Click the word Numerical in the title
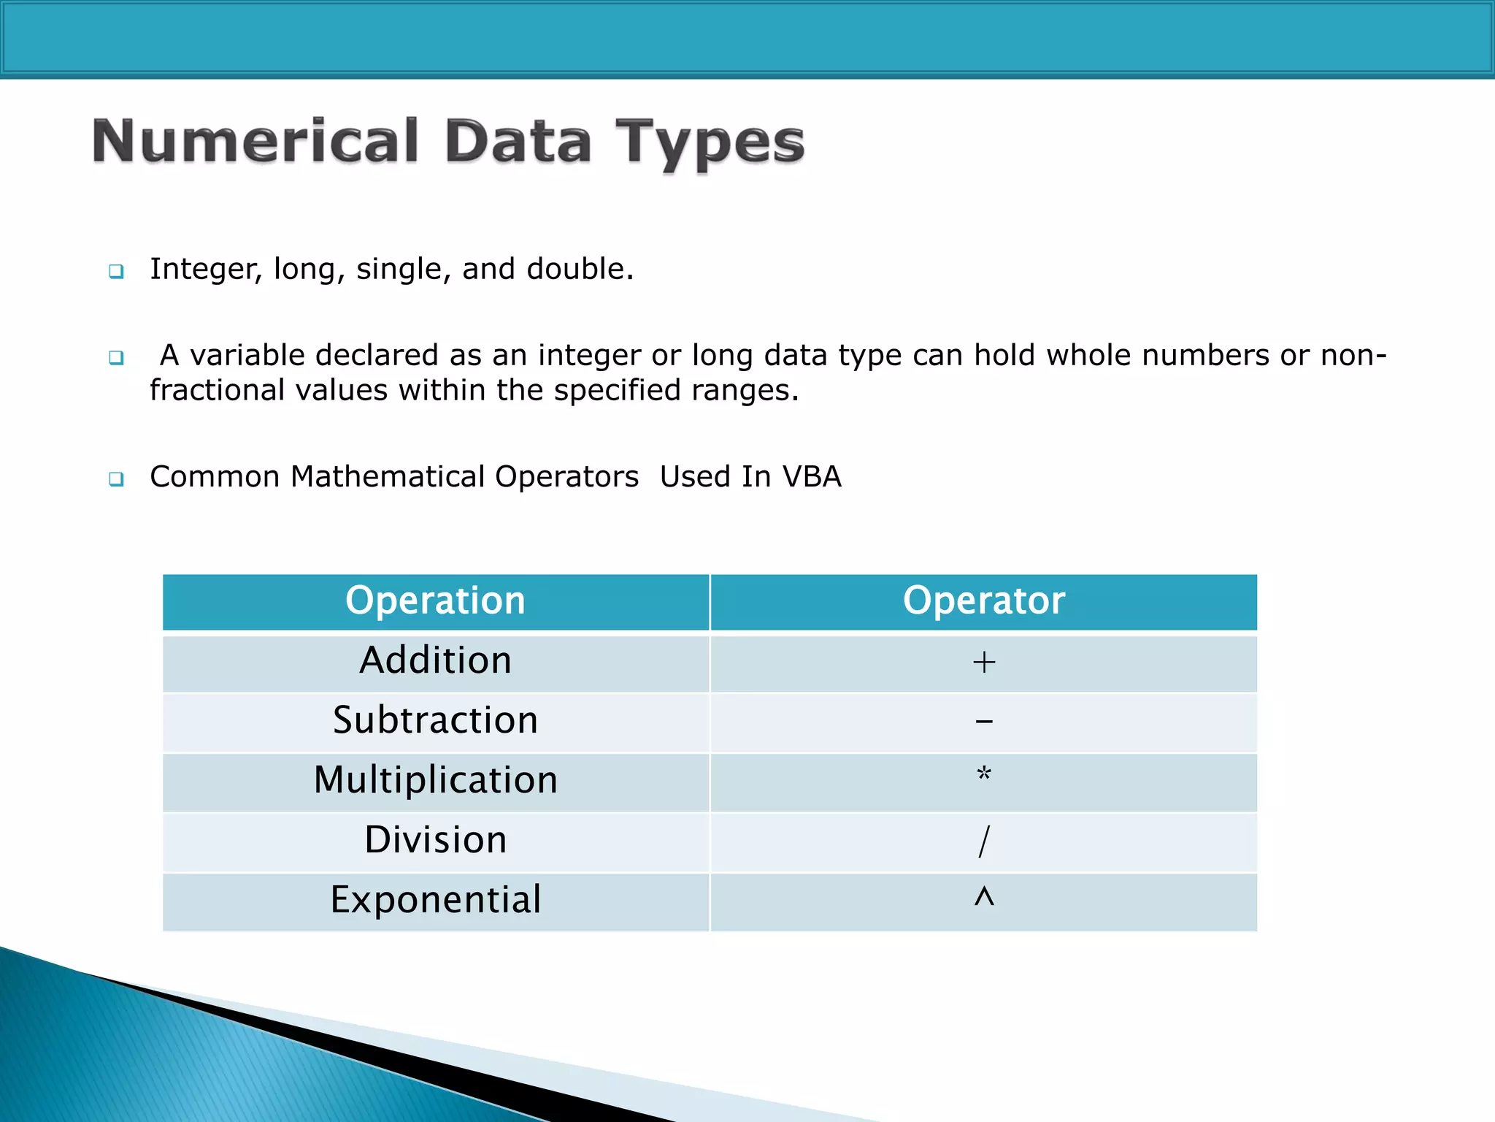(255, 141)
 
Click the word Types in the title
(710, 143)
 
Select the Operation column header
(435, 601)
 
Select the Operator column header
(983, 601)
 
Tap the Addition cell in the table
(435, 661)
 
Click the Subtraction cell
(435, 721)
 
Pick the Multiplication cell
(435, 780)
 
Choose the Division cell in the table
(435, 840)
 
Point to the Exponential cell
(435, 900)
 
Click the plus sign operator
(983, 663)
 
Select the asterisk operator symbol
(983, 774)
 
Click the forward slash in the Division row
(983, 841)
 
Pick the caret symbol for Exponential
(983, 896)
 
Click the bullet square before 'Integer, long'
(116, 272)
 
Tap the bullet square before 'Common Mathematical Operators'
(116, 479)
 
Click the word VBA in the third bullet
(812, 477)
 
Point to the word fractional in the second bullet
(217, 391)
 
